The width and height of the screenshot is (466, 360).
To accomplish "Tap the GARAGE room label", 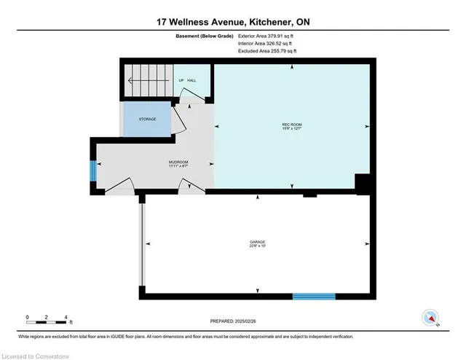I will pos(256,240).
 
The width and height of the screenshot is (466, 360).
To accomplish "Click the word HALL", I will pos(192,81).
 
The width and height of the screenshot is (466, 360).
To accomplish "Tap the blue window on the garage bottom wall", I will pos(314,297).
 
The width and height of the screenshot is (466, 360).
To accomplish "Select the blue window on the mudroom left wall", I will pos(92,172).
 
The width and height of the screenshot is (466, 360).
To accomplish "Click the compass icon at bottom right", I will pos(430,318).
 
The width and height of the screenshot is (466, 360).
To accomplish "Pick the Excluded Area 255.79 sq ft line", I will pos(266,52).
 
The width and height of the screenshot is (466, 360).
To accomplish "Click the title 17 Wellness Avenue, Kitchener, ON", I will pos(233,22).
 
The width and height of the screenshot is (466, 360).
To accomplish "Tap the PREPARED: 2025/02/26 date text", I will pos(232,322).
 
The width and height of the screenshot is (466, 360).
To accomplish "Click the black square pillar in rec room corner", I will pos(362,184).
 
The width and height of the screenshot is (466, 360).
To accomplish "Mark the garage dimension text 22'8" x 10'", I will pos(256,246).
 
